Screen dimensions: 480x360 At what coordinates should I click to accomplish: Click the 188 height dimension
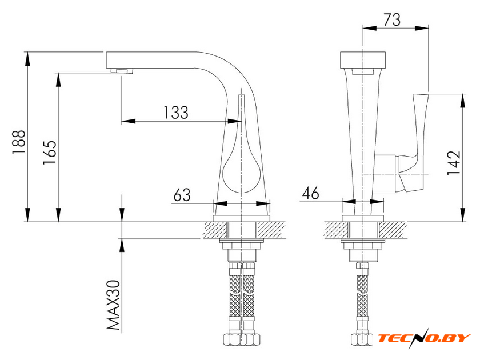tap(19, 142)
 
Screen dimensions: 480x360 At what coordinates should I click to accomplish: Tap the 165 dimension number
tap(50, 153)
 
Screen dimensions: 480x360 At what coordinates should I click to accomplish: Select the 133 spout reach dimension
tap(176, 113)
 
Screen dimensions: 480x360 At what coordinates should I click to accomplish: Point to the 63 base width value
tap(182, 195)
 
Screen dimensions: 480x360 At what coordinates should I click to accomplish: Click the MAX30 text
tap(114, 305)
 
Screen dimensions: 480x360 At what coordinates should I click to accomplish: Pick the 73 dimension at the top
tap(392, 20)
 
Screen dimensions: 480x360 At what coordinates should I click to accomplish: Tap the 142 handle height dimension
tap(454, 163)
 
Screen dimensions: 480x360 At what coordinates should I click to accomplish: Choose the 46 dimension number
tap(310, 193)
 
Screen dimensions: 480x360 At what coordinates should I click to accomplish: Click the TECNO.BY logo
tap(424, 338)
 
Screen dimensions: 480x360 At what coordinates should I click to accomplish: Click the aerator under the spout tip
tap(122, 71)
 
